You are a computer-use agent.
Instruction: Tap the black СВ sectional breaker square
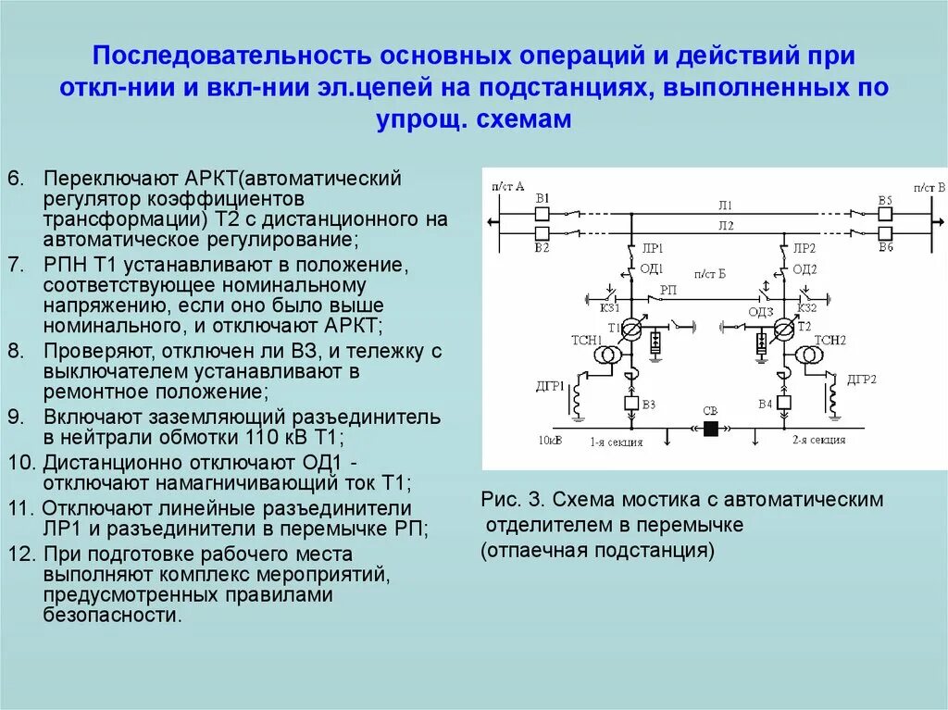pos(711,429)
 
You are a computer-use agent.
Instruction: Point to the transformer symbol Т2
pos(784,330)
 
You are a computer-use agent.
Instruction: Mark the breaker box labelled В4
pos(783,403)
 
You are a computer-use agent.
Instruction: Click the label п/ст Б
pos(707,275)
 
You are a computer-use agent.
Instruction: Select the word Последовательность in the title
pos(230,56)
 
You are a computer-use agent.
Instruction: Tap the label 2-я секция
pos(818,440)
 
